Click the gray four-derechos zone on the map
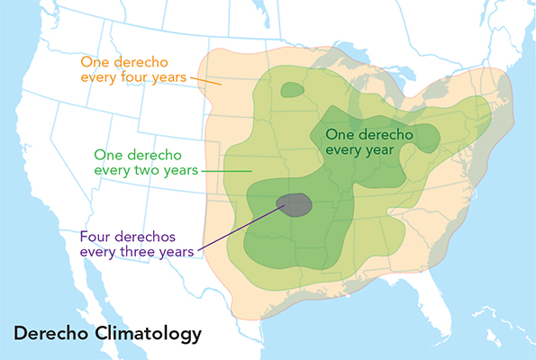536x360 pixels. pyautogui.click(x=295, y=205)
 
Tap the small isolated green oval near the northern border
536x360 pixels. pyautogui.click(x=292, y=90)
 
